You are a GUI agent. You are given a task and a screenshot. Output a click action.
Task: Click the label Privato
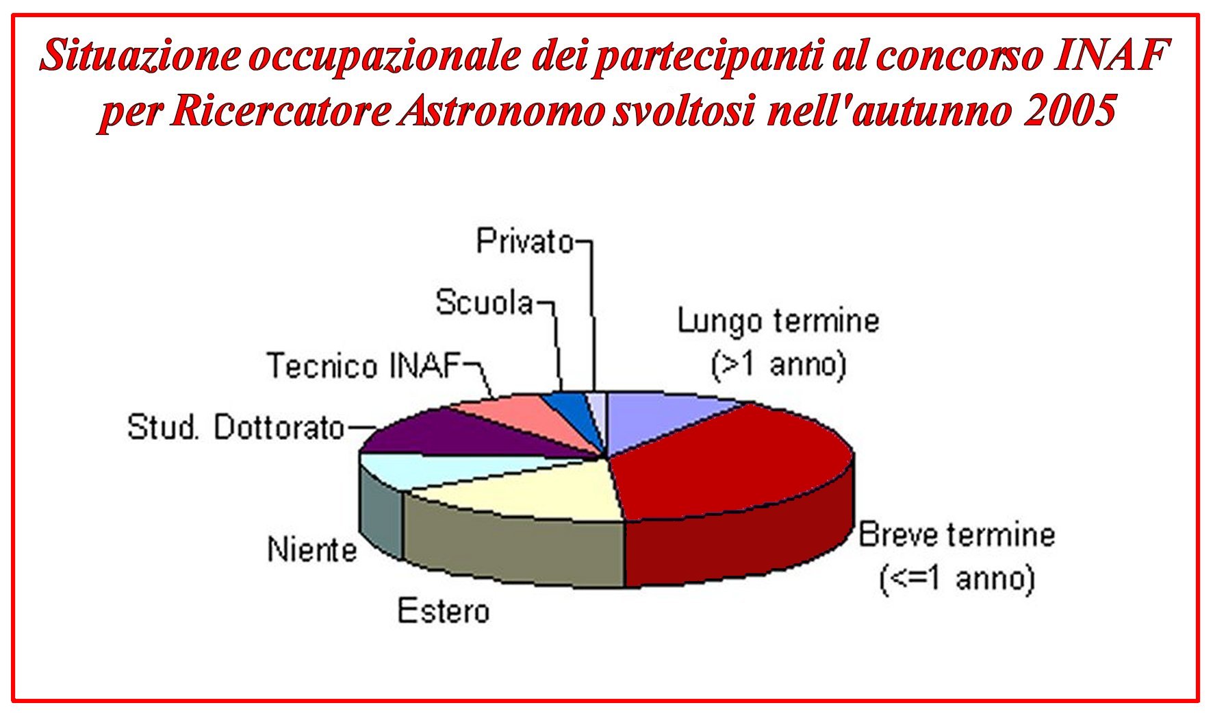(525, 241)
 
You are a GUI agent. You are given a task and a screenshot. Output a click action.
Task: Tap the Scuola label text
(485, 302)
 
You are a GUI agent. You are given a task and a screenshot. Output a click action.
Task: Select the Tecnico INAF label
(363, 365)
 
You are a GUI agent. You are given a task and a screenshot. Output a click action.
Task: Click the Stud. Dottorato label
(236, 428)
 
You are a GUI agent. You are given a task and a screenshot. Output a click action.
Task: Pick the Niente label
(312, 550)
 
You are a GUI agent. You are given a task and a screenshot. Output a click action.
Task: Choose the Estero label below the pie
(444, 611)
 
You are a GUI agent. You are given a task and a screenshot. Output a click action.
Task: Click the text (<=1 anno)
(957, 579)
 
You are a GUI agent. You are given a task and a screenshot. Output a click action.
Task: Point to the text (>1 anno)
(779, 365)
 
